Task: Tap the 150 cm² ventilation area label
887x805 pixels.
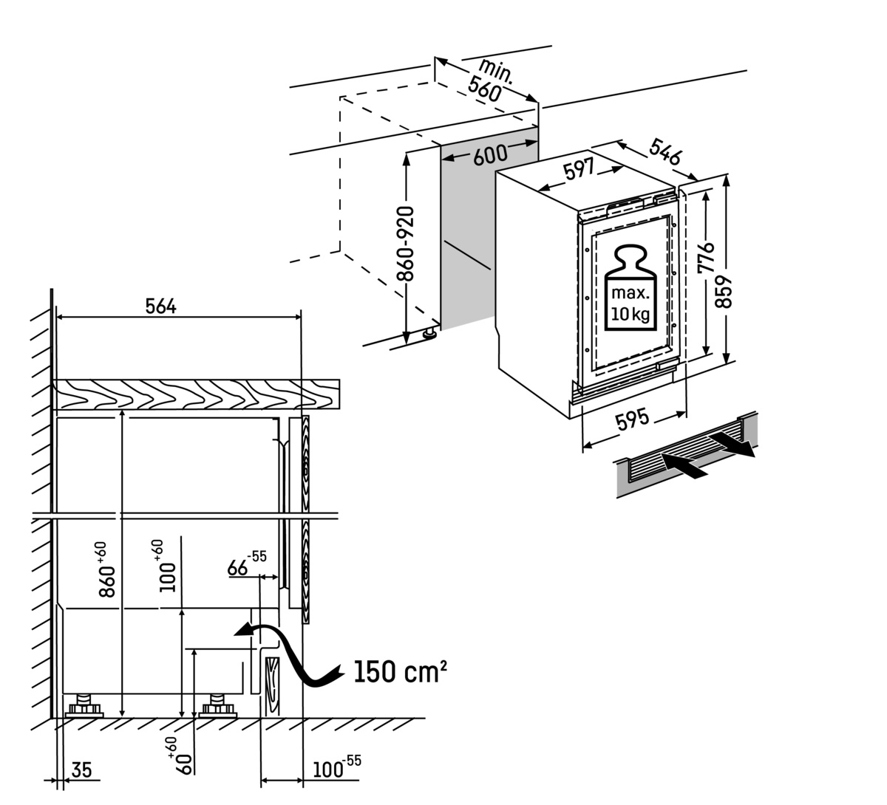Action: point(399,671)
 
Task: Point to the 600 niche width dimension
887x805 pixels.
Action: point(491,154)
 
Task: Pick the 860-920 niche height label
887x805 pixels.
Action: point(405,244)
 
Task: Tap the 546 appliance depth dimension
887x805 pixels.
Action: point(665,152)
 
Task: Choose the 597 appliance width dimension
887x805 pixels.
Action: point(579,171)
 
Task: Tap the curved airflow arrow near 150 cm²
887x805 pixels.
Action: point(288,654)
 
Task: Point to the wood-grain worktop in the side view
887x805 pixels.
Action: point(196,394)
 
